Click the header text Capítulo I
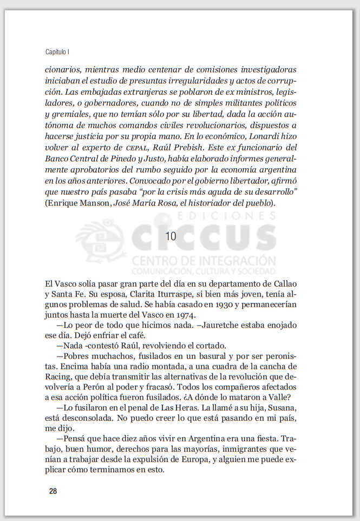(x=57, y=52)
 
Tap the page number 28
(x=53, y=491)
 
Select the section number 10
(x=171, y=236)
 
